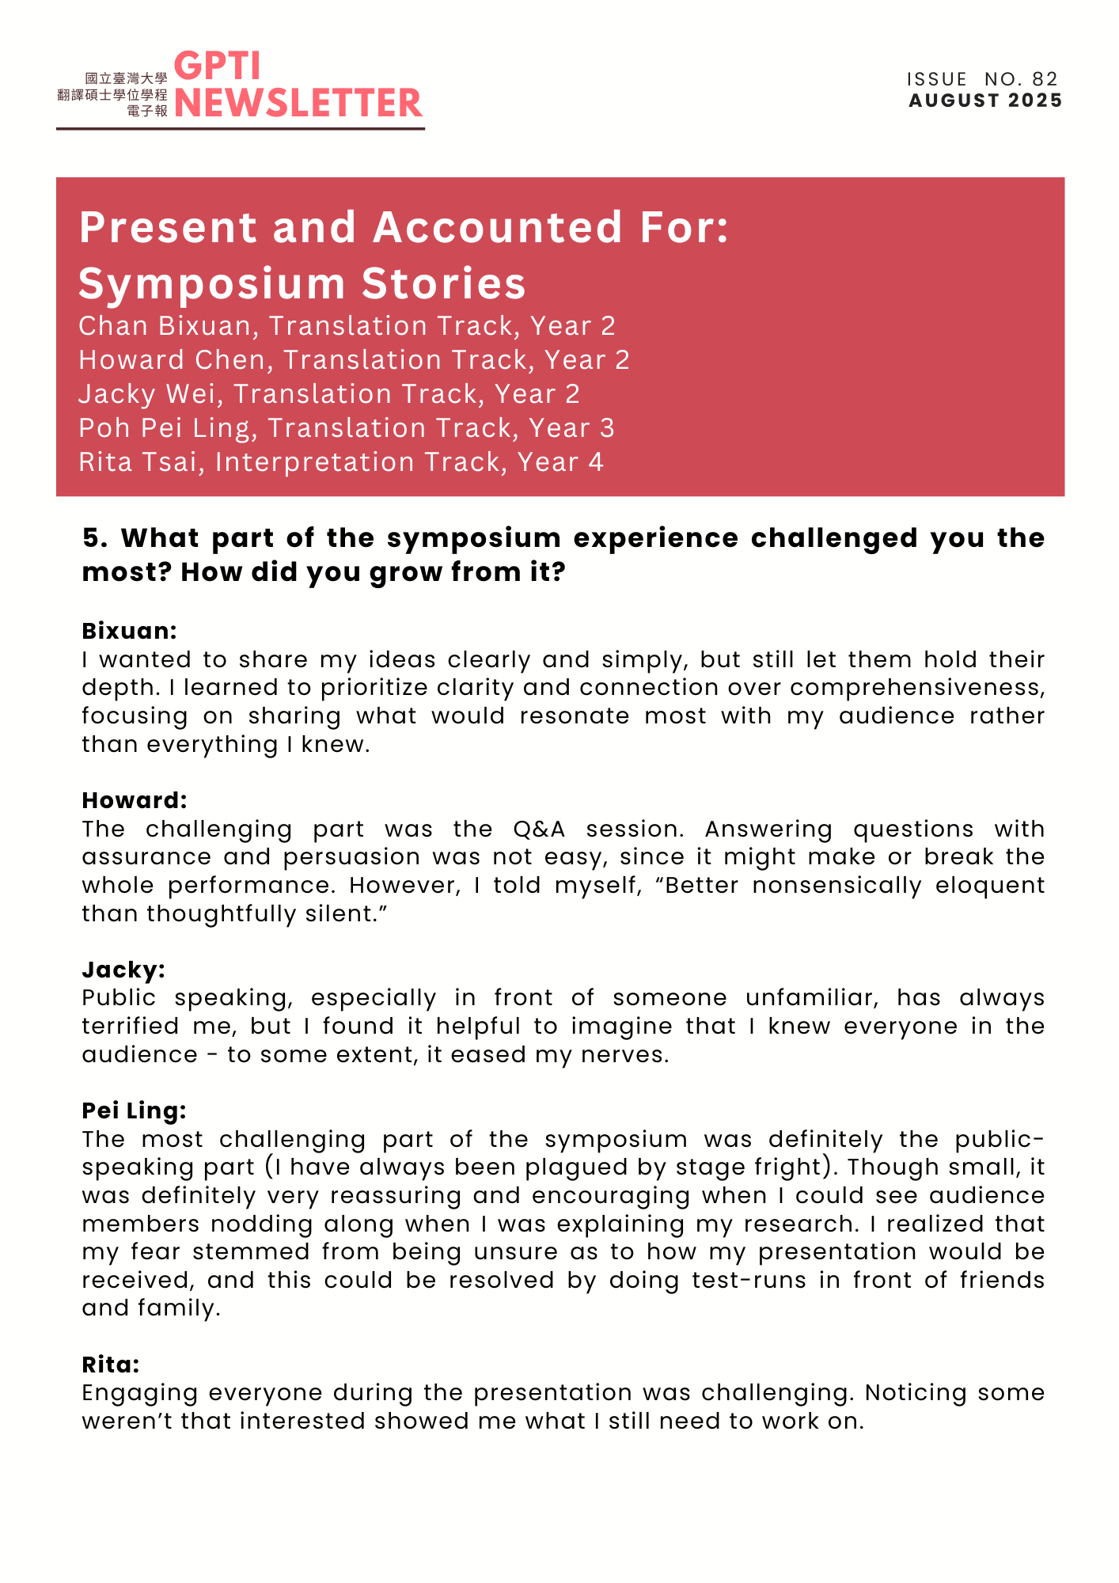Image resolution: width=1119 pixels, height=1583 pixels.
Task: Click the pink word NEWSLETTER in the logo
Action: click(x=298, y=103)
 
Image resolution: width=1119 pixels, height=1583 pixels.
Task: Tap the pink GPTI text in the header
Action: click(x=217, y=66)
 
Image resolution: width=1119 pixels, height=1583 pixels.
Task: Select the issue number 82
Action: click(x=1045, y=79)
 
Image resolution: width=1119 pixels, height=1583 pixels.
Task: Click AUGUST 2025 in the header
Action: click(x=985, y=101)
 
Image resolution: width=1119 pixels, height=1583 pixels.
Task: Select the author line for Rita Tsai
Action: click(x=340, y=462)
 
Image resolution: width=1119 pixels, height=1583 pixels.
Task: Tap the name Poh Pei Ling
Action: click(x=163, y=428)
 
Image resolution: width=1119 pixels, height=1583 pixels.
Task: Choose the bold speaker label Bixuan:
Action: click(x=129, y=631)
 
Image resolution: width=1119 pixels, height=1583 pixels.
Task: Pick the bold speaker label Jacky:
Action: click(x=123, y=970)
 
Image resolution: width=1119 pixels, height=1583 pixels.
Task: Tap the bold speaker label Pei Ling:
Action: click(x=134, y=1110)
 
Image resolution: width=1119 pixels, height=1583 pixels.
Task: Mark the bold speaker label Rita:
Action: click(x=111, y=1365)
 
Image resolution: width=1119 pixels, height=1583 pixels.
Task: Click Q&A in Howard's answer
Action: click(x=539, y=829)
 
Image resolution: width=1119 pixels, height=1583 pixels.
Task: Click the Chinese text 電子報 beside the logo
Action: click(x=147, y=111)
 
